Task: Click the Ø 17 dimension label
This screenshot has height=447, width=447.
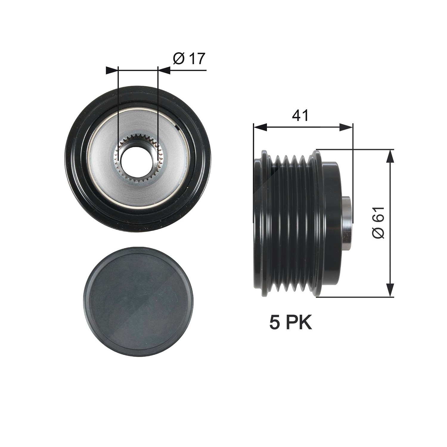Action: [189, 59]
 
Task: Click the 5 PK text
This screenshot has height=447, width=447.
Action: [291, 322]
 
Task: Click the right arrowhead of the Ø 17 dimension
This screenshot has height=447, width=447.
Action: [164, 71]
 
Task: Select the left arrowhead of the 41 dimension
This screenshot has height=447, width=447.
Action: [260, 128]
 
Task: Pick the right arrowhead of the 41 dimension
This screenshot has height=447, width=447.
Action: [346, 128]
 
